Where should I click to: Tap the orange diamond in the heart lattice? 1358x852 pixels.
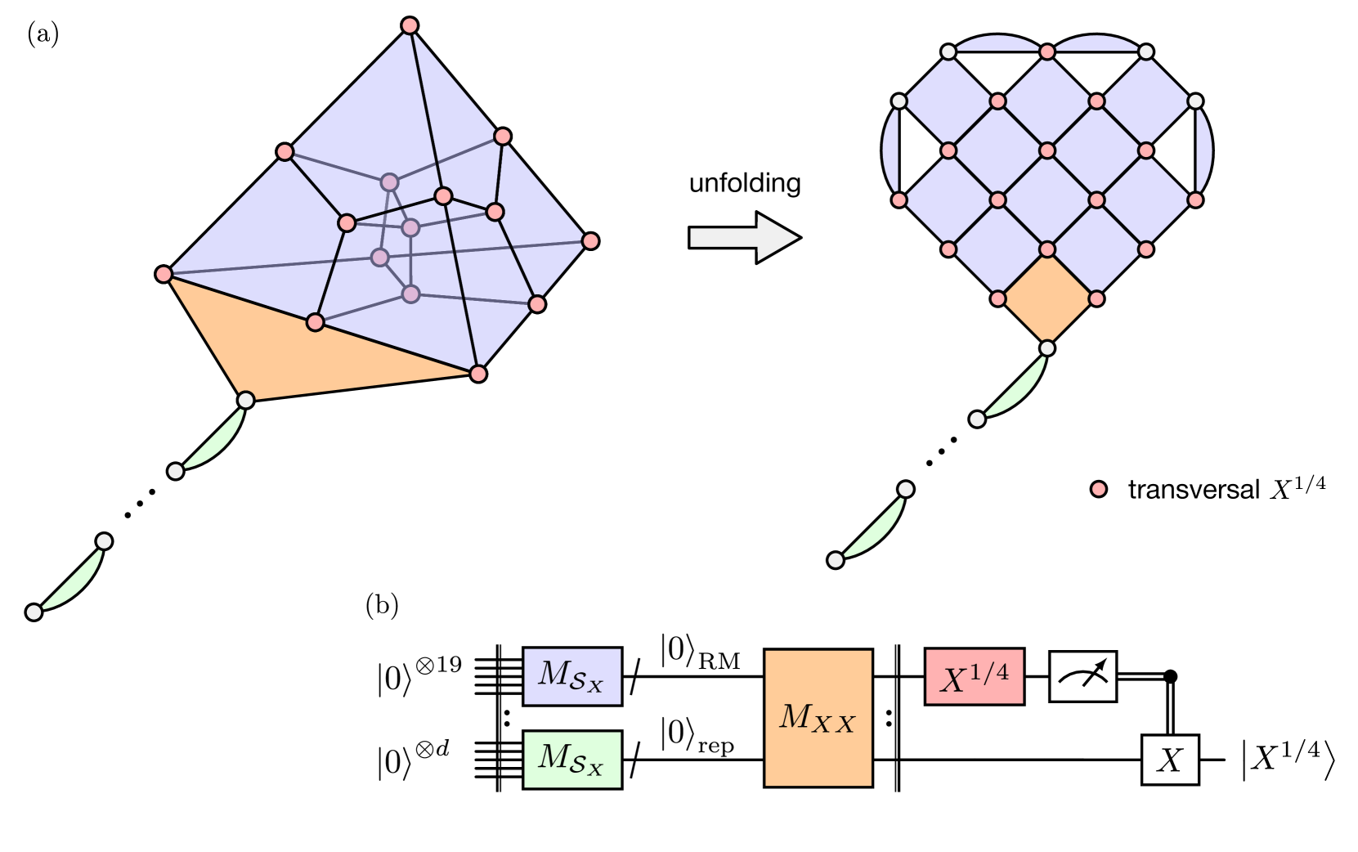click(x=1047, y=298)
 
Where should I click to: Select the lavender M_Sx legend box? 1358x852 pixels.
click(x=572, y=676)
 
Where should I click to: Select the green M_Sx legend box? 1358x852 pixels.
click(x=572, y=759)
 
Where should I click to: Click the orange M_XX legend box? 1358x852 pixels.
click(x=818, y=718)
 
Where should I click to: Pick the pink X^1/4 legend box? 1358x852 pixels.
click(x=974, y=676)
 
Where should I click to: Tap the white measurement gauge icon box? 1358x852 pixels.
click(x=1082, y=676)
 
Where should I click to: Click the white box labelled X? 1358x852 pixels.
click(x=1169, y=760)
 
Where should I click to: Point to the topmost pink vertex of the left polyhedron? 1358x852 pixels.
click(x=410, y=25)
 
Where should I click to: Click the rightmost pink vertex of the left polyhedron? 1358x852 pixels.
click(x=590, y=241)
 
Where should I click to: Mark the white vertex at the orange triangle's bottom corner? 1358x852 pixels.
click(x=245, y=400)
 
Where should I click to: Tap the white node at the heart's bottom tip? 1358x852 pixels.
click(x=1047, y=348)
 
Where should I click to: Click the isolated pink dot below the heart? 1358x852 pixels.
click(x=1099, y=489)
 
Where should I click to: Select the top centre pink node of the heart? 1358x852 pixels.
click(x=1047, y=52)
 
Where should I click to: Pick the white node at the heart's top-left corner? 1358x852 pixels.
click(x=948, y=52)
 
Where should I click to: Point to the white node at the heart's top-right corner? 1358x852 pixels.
click(x=1146, y=52)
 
